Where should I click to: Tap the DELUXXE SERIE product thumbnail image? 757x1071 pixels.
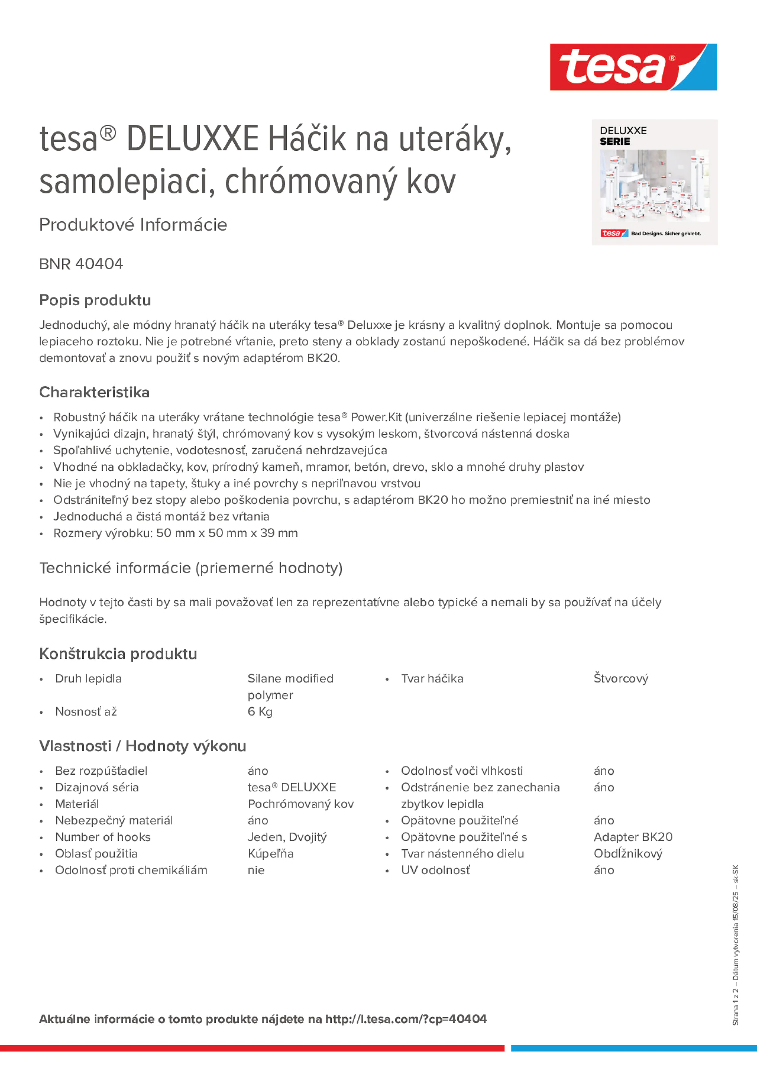pyautogui.click(x=654, y=182)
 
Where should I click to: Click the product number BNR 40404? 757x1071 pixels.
pyautogui.click(x=81, y=264)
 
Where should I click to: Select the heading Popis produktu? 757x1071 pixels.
pyautogui.click(x=95, y=300)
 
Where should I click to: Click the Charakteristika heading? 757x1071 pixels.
pyautogui.click(x=94, y=392)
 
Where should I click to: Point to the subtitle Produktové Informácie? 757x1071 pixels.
pyautogui.click(x=133, y=225)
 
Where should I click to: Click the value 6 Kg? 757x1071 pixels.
pyautogui.click(x=260, y=712)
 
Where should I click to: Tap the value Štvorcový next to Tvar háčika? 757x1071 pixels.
pyautogui.click(x=621, y=679)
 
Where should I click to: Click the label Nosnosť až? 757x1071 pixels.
pyautogui.click(x=86, y=712)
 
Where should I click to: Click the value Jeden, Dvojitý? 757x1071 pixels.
pyautogui.click(x=287, y=837)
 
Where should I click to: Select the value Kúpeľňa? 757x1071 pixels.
pyautogui.click(x=271, y=854)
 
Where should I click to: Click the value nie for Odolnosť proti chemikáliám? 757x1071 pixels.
pyautogui.click(x=256, y=871)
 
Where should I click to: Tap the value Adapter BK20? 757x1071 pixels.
pyautogui.click(x=633, y=837)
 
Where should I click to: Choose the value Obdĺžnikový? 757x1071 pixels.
pyautogui.click(x=628, y=854)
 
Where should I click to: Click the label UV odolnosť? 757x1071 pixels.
pyautogui.click(x=435, y=871)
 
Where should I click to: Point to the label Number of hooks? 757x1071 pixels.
pyautogui.click(x=103, y=837)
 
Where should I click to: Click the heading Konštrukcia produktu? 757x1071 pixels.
pyautogui.click(x=118, y=654)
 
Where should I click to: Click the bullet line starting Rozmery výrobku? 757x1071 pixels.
pyautogui.click(x=175, y=533)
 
